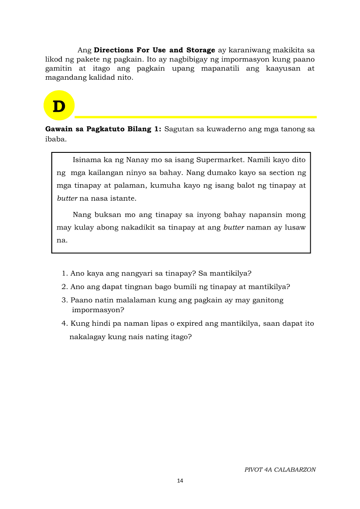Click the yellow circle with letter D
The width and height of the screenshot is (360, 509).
pyautogui.click(x=59, y=106)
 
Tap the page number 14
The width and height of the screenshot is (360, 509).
pyautogui.click(x=180, y=481)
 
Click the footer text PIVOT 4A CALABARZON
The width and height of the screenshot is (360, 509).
pyautogui.click(x=280, y=469)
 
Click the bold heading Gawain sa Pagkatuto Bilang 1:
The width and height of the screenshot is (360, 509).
pyautogui.click(x=103, y=129)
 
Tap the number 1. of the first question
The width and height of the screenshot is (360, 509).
pyautogui.click(x=65, y=273)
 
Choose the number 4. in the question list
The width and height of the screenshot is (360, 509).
pyautogui.click(x=65, y=324)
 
